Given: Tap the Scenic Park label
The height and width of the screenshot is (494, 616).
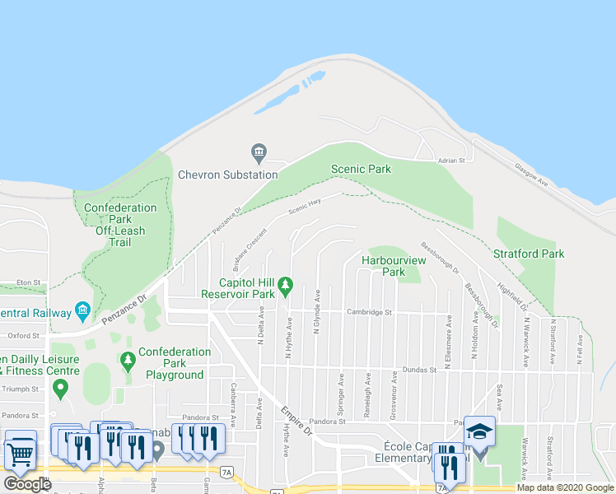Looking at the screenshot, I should coord(361,169).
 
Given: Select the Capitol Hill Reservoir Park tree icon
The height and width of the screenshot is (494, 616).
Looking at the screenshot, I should coord(285,286).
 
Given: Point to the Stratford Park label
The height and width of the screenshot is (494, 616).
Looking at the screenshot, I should coord(529,254).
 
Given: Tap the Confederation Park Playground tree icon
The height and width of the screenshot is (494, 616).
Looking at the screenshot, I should coord(128,361).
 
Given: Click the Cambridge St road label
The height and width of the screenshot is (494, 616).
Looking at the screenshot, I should coord(368,313).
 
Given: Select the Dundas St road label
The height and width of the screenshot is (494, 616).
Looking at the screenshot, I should coord(418,370).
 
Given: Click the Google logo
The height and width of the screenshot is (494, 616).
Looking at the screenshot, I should coord(27,484).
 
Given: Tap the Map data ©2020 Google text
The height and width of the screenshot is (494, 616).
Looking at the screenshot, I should coord(564,487).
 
